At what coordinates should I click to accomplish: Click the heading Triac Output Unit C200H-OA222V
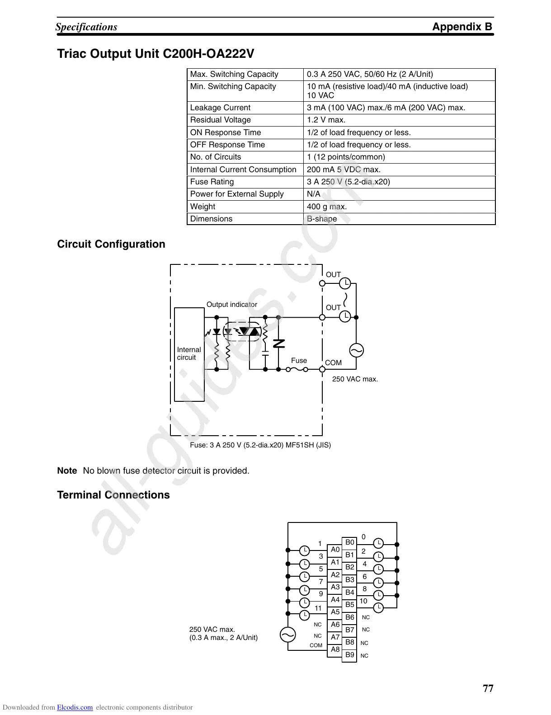pos(155,54)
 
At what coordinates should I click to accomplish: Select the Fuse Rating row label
pos(212,182)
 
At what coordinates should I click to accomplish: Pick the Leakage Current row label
pos(220,108)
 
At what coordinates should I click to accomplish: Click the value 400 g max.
pos(327,207)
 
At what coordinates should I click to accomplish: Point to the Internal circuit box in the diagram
pos(189,354)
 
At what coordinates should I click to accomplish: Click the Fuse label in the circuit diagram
pos(299,361)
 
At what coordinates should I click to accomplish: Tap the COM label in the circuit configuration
pos(333,363)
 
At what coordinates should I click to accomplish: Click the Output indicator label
pos(231,305)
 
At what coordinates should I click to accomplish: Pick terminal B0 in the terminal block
pos(349,542)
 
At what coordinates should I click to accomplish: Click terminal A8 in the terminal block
pos(335,649)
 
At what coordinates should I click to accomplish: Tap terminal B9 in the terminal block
pos(349,654)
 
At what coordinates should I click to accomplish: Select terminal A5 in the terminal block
pos(335,612)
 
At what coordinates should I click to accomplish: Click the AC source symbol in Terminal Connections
pos(287,635)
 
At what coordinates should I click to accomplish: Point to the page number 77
pos(488,688)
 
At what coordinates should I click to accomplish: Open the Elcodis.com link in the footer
pos(75,708)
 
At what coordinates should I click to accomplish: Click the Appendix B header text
pos(462,27)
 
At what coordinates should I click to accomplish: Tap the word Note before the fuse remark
pos(67,470)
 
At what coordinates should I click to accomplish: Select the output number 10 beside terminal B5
pos(363,601)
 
